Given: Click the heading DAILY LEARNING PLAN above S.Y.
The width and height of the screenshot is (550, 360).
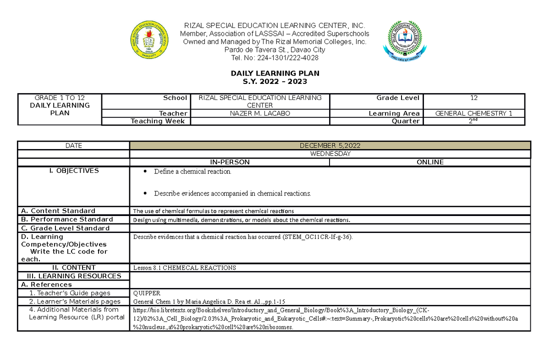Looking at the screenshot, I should click(x=275, y=73).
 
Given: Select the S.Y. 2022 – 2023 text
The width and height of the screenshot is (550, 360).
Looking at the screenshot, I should click(x=275, y=82).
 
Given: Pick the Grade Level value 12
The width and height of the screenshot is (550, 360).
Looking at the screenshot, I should click(x=474, y=98).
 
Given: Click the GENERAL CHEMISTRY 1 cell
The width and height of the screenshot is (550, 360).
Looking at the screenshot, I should click(x=474, y=113).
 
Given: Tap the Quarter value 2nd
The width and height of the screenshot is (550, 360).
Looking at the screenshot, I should click(x=474, y=121).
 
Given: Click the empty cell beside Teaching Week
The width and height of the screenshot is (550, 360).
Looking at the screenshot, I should click(x=260, y=121).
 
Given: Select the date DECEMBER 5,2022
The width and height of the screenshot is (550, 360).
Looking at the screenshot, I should click(x=330, y=146).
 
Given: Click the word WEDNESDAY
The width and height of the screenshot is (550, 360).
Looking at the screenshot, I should click(x=330, y=154).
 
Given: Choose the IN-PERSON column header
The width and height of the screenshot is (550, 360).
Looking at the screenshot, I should click(x=230, y=162).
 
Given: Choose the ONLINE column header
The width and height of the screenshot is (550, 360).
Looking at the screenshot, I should click(x=430, y=162).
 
